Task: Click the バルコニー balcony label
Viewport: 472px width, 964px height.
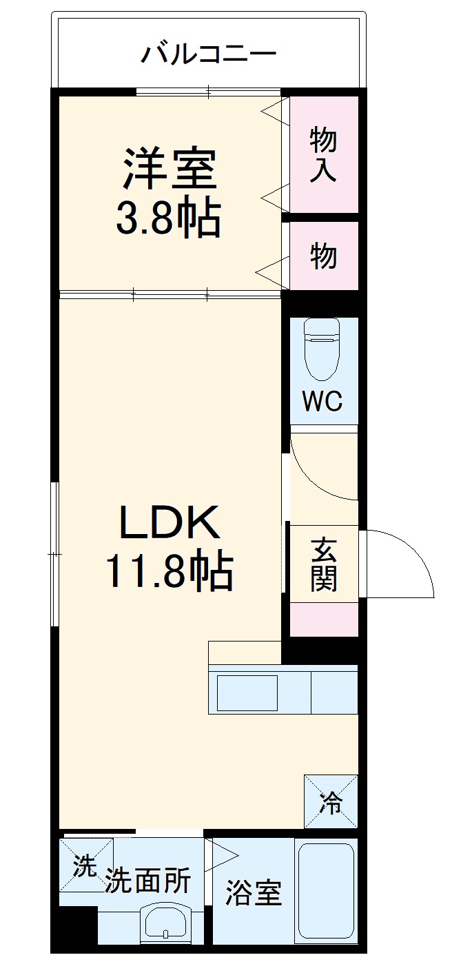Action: (x=209, y=53)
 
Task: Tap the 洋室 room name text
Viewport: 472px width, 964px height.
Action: (x=170, y=168)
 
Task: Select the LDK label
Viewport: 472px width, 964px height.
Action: (x=170, y=524)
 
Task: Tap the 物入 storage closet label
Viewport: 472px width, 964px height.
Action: (x=323, y=154)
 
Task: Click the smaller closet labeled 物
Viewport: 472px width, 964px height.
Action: (x=323, y=256)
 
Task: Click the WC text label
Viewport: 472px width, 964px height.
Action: (x=323, y=402)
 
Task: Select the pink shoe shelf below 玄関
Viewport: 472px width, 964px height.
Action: (x=323, y=619)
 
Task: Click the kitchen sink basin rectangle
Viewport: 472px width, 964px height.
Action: (x=247, y=693)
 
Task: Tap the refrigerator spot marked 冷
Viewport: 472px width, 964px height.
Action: (x=331, y=801)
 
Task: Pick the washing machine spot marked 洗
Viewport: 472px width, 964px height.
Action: (x=85, y=865)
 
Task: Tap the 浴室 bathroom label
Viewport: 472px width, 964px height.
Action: (x=254, y=893)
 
